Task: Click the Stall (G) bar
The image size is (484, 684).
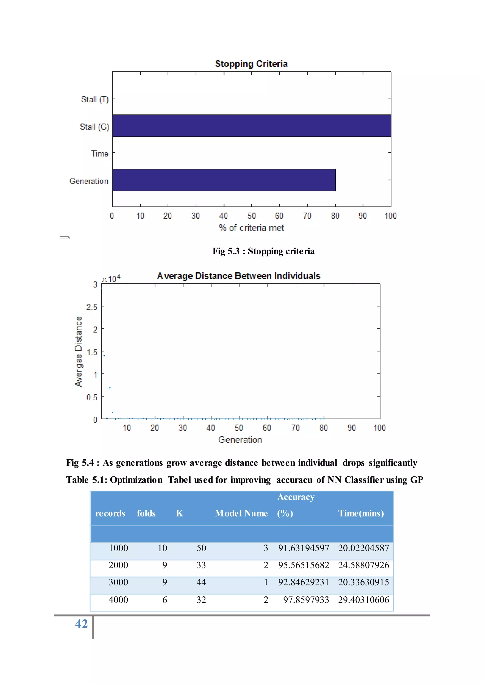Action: pyautogui.click(x=251, y=126)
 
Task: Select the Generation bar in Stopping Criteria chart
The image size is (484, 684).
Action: pyautogui.click(x=224, y=180)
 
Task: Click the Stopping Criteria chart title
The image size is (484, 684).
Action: pyautogui.click(x=251, y=64)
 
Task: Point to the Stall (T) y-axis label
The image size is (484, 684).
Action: pyautogui.click(x=95, y=99)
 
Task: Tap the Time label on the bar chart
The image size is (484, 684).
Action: pyautogui.click(x=99, y=154)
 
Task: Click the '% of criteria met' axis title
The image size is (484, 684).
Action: pyautogui.click(x=251, y=228)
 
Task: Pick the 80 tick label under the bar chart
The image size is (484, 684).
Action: pyautogui.click(x=335, y=216)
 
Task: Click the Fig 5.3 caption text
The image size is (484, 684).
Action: pyautogui.click(x=263, y=251)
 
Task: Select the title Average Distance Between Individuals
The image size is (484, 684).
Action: pyautogui.click(x=238, y=276)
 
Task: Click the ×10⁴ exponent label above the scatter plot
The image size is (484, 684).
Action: pyautogui.click(x=111, y=279)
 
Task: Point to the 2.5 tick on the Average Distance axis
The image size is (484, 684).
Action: pyautogui.click(x=92, y=307)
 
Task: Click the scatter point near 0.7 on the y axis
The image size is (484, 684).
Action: pyautogui.click(x=110, y=388)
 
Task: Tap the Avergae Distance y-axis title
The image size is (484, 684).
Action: pyautogui.click(x=78, y=351)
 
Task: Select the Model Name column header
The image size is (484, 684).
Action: pyautogui.click(x=241, y=513)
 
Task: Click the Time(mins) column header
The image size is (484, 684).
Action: pyautogui.click(x=361, y=513)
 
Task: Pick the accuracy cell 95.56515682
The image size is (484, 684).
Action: pyautogui.click(x=303, y=565)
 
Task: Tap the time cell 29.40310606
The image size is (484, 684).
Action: pyautogui.click(x=363, y=600)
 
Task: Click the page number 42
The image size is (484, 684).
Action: pyautogui.click(x=81, y=624)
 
